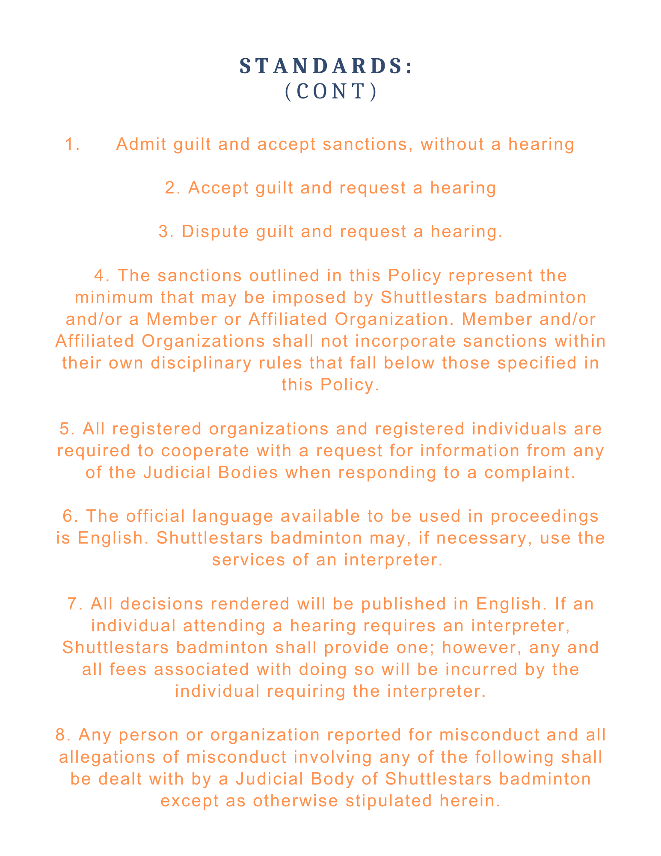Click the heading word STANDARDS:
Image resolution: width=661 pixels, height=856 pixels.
click(326, 66)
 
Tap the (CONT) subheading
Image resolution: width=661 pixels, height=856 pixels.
click(331, 91)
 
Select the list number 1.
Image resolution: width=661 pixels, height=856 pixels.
click(72, 144)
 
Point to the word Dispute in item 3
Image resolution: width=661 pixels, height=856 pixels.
click(209, 232)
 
